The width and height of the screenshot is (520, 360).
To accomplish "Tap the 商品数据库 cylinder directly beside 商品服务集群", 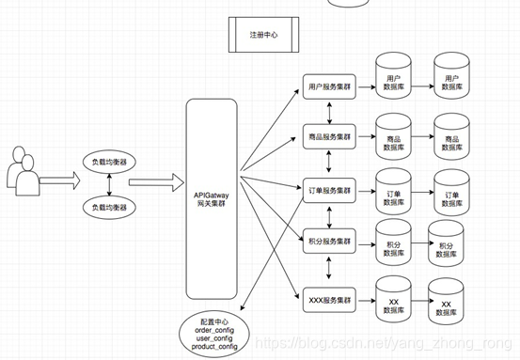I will pos(393,133).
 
